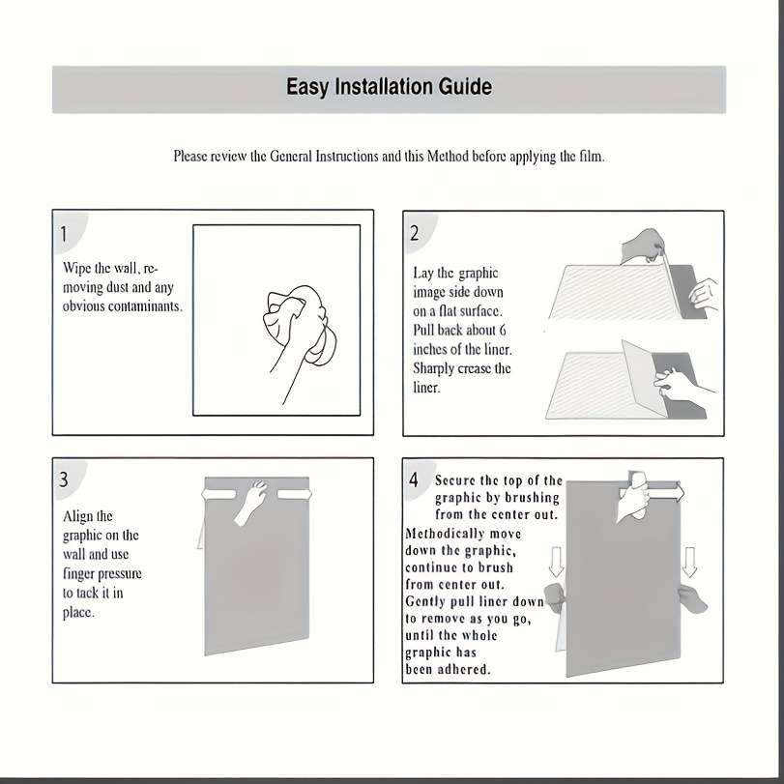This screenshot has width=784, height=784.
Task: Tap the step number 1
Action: tap(64, 234)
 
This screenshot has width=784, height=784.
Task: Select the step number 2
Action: tap(415, 233)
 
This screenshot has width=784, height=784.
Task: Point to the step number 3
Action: tap(64, 479)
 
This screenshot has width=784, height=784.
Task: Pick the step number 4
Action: tap(414, 479)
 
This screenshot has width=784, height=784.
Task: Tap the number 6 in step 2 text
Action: tap(503, 330)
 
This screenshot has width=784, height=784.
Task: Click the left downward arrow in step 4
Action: tap(556, 562)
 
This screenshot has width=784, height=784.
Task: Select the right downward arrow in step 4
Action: tap(689, 562)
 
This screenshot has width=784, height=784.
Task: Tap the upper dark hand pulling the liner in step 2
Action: tap(643, 246)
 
